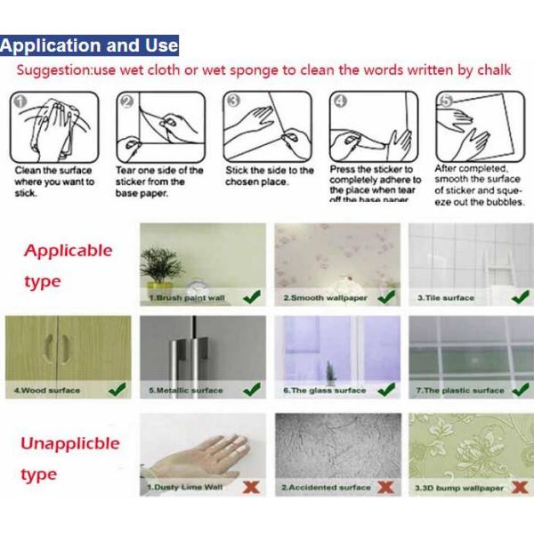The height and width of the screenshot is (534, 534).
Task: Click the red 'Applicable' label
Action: (69, 250)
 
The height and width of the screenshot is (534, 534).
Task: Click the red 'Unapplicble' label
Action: (71, 443)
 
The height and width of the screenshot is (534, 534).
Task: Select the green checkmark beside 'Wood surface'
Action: (116, 389)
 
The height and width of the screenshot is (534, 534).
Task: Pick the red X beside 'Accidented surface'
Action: (385, 487)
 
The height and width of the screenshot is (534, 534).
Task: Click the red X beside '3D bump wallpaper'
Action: (519, 487)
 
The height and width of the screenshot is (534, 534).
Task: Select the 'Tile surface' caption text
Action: (446, 298)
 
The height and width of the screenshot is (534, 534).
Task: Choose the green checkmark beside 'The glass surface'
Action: (385, 389)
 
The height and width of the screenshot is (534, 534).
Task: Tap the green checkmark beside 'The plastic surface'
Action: (519, 389)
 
